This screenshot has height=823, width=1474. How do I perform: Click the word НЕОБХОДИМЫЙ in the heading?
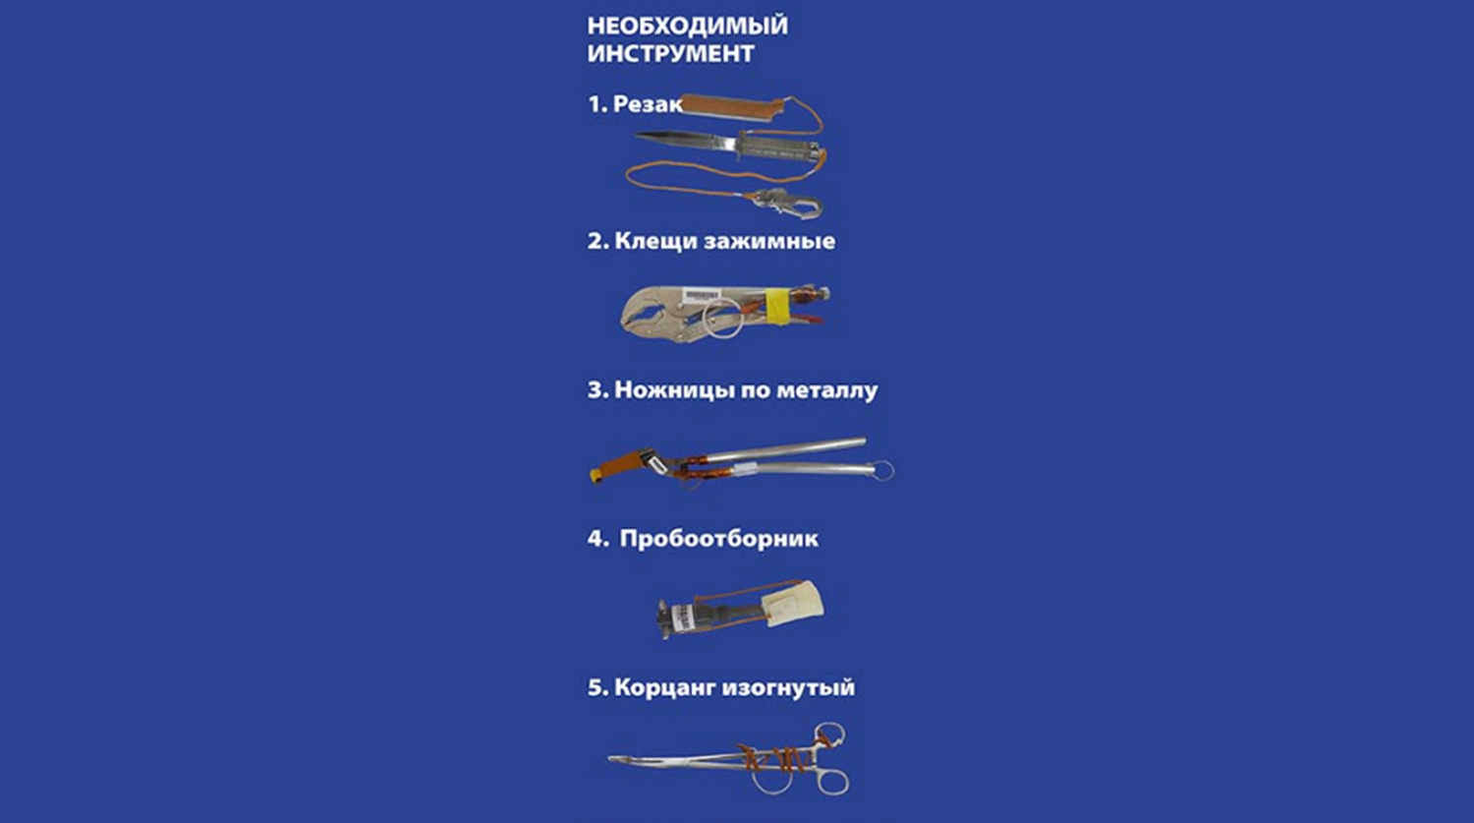tap(688, 26)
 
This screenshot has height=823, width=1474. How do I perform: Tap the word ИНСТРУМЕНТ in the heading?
tap(670, 53)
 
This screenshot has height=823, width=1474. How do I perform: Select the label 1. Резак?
tap(635, 104)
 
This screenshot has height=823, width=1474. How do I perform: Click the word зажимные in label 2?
tap(769, 241)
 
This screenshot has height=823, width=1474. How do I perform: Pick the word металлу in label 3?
tap(827, 390)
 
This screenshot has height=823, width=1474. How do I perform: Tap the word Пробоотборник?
tap(719, 539)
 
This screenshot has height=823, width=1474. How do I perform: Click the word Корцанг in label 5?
tap(664, 687)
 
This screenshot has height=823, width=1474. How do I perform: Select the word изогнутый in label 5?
tap(789, 687)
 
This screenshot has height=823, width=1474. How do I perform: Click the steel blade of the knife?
tap(684, 139)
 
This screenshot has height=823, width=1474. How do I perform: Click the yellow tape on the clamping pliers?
tap(776, 306)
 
